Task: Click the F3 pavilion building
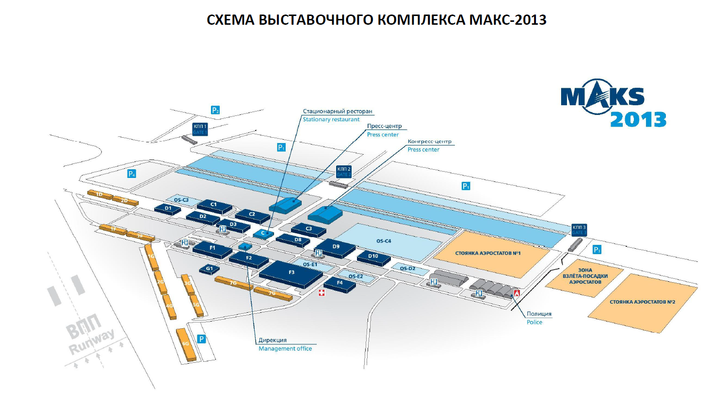[x=291, y=273]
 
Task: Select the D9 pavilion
[x=336, y=247]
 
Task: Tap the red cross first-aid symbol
[x=322, y=293]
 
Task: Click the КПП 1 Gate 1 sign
[x=200, y=129]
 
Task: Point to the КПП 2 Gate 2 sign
[x=343, y=172]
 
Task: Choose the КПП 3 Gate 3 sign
[x=579, y=230]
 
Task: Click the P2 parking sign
[x=215, y=110]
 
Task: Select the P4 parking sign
[x=131, y=174]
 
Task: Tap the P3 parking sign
[x=597, y=250]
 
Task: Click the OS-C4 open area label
[x=384, y=241]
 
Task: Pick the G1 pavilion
[x=210, y=268]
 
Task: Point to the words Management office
[x=285, y=349]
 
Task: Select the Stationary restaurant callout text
[x=331, y=119]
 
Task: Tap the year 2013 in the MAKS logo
[x=638, y=120]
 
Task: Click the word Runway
[x=92, y=341]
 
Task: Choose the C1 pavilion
[x=213, y=205]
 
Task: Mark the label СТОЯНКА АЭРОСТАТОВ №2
[x=642, y=302]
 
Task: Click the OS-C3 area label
[x=181, y=200]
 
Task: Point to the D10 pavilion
[x=373, y=256]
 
